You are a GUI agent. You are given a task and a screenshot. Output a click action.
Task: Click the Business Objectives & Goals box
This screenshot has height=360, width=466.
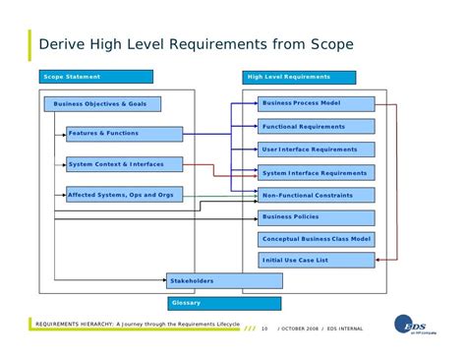102,104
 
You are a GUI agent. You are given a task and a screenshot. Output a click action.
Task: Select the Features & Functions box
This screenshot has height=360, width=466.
125,134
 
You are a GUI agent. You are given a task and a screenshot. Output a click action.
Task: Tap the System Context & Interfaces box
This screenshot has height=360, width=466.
125,164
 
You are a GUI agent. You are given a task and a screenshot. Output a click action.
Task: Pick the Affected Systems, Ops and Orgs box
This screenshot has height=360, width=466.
125,195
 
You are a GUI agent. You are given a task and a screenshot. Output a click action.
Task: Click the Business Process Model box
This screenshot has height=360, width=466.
317,104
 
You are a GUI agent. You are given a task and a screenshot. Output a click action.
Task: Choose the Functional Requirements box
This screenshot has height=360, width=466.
317,126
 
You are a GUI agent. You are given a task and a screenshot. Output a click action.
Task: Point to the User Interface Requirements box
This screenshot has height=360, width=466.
317,150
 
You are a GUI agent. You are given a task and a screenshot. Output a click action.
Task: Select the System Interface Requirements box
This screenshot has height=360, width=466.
317,172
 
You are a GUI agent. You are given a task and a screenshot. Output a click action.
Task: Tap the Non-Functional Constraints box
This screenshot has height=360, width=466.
317,195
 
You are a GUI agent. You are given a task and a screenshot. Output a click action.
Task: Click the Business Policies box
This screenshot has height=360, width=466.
317,218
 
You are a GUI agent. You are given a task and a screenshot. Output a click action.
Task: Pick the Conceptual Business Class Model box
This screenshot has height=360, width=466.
317,240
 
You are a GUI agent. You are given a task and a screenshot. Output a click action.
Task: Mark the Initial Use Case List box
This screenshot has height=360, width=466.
317,260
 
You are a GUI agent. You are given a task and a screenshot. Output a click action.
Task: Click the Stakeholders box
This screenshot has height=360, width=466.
224,281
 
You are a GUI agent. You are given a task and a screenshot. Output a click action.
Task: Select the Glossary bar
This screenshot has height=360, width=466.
224,304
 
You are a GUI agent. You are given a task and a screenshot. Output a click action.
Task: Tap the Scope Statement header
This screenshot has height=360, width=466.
96,77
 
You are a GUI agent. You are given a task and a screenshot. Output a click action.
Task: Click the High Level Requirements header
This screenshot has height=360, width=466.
299,78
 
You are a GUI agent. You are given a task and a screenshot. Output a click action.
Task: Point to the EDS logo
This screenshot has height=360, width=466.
414,325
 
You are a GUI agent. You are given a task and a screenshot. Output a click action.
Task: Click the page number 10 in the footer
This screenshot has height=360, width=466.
264,329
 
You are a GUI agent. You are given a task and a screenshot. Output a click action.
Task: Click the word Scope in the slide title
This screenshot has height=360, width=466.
332,44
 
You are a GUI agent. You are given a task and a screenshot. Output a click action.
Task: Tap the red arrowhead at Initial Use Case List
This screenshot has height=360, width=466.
378,260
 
